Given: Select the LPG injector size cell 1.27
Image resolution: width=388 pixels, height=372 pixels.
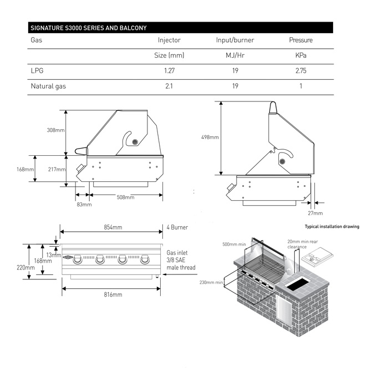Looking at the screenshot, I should [169, 71].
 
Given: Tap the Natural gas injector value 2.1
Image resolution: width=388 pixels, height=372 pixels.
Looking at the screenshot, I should [169, 86].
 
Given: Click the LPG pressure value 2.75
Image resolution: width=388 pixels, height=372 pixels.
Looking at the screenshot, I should [301, 71].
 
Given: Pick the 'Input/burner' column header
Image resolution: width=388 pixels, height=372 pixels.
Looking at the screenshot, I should [235, 40].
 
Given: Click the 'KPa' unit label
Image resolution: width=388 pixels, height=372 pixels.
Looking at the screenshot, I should [301, 55].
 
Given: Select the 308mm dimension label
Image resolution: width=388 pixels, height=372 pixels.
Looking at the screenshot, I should [55, 131].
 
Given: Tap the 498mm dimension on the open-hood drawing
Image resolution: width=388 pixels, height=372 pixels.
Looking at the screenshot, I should [211, 137].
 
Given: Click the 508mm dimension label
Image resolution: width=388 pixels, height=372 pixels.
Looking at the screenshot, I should [125, 197].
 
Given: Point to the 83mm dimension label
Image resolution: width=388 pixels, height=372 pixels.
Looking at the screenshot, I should [83, 205].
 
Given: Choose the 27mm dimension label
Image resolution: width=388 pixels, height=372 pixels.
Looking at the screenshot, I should [314, 213].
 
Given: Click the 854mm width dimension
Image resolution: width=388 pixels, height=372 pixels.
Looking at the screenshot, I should [113, 227].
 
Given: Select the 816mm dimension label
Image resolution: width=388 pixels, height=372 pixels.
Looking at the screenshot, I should [113, 294].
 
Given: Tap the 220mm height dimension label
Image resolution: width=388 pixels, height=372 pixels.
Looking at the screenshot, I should [25, 267].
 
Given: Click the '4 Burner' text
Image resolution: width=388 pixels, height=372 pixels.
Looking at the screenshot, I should [177, 227].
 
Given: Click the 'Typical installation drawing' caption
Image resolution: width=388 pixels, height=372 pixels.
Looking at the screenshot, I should [332, 227].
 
